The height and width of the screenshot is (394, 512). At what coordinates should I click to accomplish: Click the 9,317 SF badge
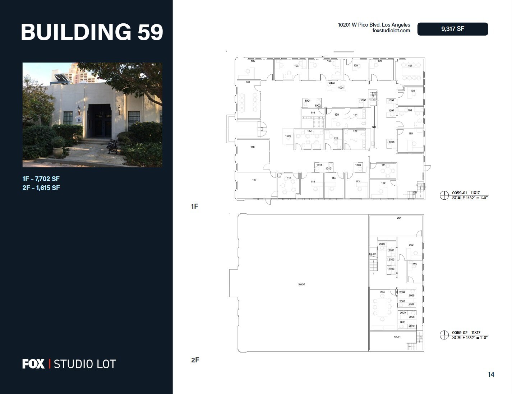click(452, 29)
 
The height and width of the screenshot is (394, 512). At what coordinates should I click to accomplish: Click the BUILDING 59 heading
click(92, 32)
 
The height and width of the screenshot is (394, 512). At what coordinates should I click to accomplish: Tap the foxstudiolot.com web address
click(391, 31)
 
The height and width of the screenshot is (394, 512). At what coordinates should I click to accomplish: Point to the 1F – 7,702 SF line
click(41, 179)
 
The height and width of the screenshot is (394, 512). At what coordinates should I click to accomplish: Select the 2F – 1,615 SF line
click(41, 187)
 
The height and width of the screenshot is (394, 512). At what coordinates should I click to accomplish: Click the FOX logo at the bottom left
click(33, 364)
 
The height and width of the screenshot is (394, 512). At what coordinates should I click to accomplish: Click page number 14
click(491, 375)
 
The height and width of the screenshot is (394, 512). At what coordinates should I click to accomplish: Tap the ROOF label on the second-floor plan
click(301, 284)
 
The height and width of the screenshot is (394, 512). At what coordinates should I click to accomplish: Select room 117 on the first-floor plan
click(254, 183)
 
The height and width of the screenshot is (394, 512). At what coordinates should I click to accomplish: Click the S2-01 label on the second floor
click(397, 337)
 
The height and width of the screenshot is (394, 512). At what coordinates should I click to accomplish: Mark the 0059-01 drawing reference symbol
click(444, 195)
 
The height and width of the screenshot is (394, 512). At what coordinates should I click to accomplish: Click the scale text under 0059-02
click(470, 338)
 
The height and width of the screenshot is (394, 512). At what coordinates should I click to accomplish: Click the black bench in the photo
click(112, 146)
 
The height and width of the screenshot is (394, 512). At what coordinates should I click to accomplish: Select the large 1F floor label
click(194, 206)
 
